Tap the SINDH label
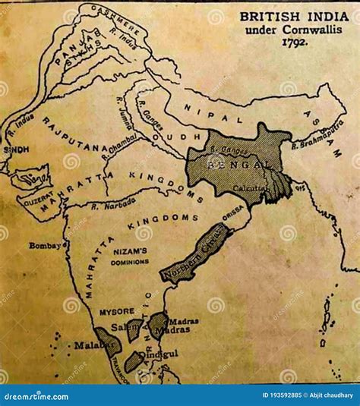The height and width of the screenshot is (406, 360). [16, 149]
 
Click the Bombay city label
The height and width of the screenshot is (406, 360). [44, 245]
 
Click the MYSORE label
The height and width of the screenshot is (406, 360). [115, 310]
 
